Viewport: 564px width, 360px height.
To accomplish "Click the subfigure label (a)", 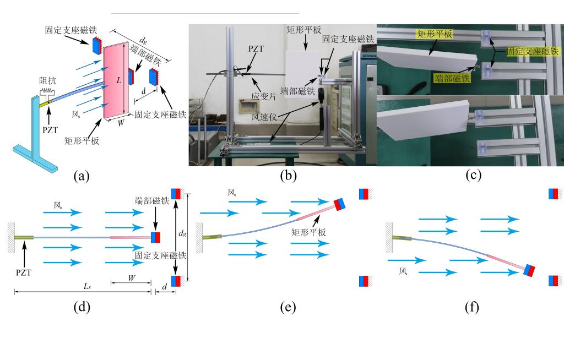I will (x=82, y=176).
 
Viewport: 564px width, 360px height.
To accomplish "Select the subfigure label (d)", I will (x=82, y=307).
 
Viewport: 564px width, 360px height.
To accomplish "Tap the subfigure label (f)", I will (x=472, y=307).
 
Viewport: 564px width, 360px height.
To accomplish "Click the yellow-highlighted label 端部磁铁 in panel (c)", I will (x=452, y=79).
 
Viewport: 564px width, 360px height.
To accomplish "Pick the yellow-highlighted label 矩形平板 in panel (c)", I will (x=435, y=34).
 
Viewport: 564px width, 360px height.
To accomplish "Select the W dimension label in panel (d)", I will (x=131, y=278).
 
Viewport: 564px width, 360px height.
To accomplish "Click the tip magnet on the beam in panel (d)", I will (x=155, y=237).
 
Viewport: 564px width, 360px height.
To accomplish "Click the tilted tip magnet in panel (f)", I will (x=529, y=271).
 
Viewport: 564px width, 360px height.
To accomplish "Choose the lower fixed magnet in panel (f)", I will (x=554, y=281).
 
